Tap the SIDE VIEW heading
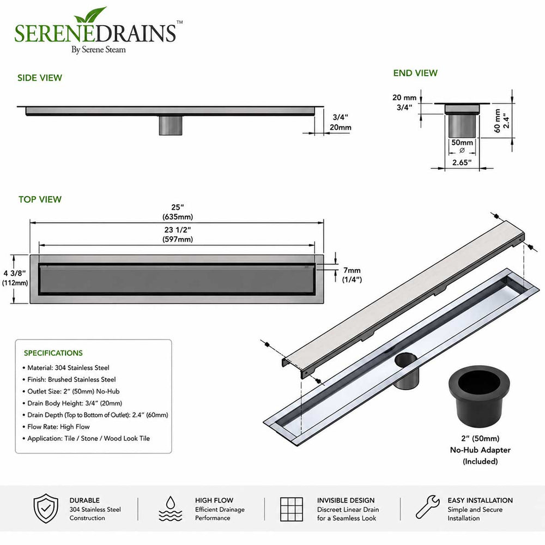point(40,78)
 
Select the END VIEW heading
point(415,73)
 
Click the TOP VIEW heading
point(40,199)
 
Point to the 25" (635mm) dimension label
point(177,212)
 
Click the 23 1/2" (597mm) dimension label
point(177,234)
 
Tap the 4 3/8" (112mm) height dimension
point(15,278)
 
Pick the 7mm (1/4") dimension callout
point(352,275)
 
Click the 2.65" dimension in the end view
point(462,162)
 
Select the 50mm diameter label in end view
point(462,146)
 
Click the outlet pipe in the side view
point(171,125)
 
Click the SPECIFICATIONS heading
point(53,353)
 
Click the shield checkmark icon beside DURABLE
point(46,508)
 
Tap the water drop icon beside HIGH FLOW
point(170,508)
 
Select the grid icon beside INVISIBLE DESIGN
point(291,509)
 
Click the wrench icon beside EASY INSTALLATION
point(427,507)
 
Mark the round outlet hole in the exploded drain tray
point(407,360)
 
